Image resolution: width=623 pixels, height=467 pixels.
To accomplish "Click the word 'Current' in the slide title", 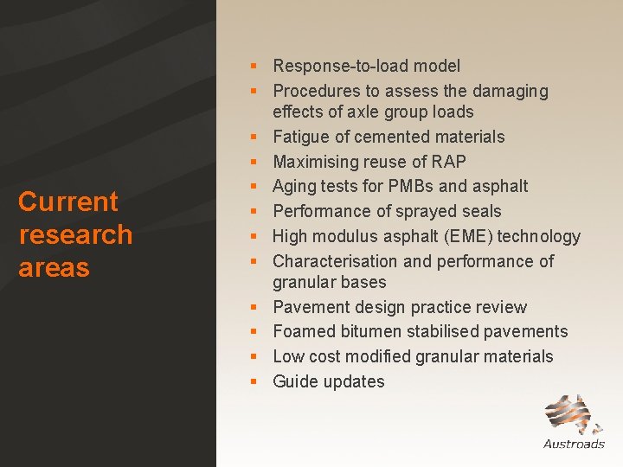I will (67, 202).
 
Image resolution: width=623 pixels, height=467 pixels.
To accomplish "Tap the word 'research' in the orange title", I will (75, 235).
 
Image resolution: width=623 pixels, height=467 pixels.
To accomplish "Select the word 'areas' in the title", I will (54, 268).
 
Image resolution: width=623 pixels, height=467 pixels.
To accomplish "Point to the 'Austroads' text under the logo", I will (574, 444).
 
